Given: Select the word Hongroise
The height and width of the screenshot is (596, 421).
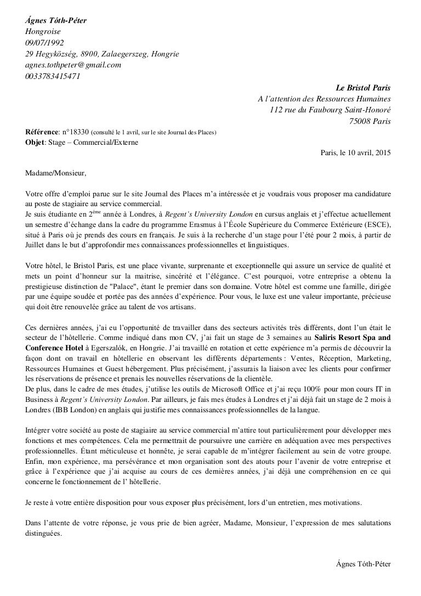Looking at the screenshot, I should [43, 32].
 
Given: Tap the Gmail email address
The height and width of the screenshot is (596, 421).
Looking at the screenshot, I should [73, 65].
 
